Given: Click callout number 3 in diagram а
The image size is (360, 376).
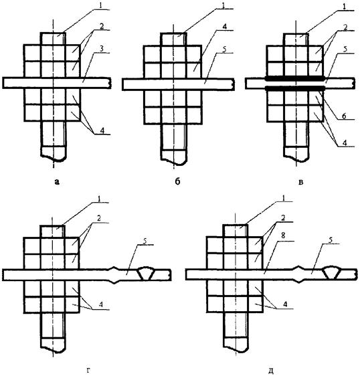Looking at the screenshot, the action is coord(102,49).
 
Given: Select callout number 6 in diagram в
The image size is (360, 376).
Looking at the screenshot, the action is coord(344,116).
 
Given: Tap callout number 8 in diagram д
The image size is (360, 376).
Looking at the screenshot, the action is coord(283,236).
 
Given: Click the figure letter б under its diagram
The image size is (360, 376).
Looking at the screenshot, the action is coord(177,181).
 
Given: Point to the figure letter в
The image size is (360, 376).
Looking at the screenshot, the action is coord(301,182).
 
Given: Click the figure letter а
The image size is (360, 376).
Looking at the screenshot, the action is coord(57,182).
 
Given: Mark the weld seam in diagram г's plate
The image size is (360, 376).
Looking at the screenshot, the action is coord(147,274).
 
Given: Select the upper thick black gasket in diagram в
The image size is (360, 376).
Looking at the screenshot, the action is coord(295,78).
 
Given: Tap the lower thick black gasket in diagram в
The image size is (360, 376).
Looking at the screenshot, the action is coord(295,88).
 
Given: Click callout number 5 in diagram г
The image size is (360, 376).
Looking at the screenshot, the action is coord(145,242).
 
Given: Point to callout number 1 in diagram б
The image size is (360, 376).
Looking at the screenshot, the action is coord(223,6).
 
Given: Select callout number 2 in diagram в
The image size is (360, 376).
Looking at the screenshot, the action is coord(345,27).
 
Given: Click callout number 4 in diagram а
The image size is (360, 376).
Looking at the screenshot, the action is coord(102,130).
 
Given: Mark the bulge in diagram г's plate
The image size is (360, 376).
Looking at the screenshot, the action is coord(114,274).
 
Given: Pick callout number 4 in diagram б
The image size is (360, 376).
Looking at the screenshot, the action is coord(224,27).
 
